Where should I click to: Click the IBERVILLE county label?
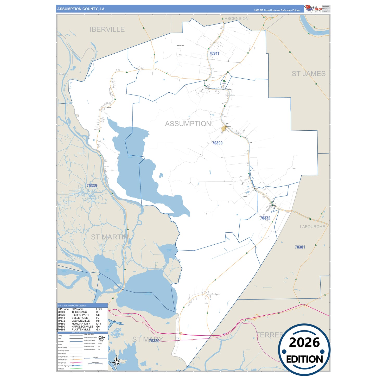pyautogui.click(x=107, y=30)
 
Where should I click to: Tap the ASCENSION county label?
pyautogui.click(x=236, y=19)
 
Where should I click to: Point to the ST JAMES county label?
pyautogui.click(x=308, y=74)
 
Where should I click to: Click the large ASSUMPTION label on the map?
pyautogui.click(x=188, y=124)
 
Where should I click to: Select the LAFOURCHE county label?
pyautogui.click(x=312, y=227)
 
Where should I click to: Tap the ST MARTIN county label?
pyautogui.click(x=109, y=237)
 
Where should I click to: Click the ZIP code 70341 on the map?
pyautogui.click(x=214, y=53)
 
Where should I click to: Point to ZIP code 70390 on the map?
pyautogui.click(x=217, y=143)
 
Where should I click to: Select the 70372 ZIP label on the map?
pyautogui.click(x=265, y=218)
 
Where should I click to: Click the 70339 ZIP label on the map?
pyautogui.click(x=92, y=186)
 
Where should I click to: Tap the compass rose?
pyautogui.click(x=117, y=362)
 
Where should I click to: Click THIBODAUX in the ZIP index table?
pyautogui.click(x=79, y=312)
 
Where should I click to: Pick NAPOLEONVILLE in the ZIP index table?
pyautogui.click(x=82, y=327)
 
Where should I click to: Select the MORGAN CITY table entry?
pyautogui.click(x=81, y=324)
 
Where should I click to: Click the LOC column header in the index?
pyautogui.click(x=99, y=309)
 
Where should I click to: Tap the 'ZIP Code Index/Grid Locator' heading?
pyautogui.click(x=72, y=305)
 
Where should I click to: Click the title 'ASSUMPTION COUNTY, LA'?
pyautogui.click(x=81, y=9)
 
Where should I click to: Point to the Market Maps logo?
pyautogui.click(x=313, y=8)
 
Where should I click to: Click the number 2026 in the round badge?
pyautogui.click(x=304, y=342)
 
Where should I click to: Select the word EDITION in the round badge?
pyautogui.click(x=304, y=359)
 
